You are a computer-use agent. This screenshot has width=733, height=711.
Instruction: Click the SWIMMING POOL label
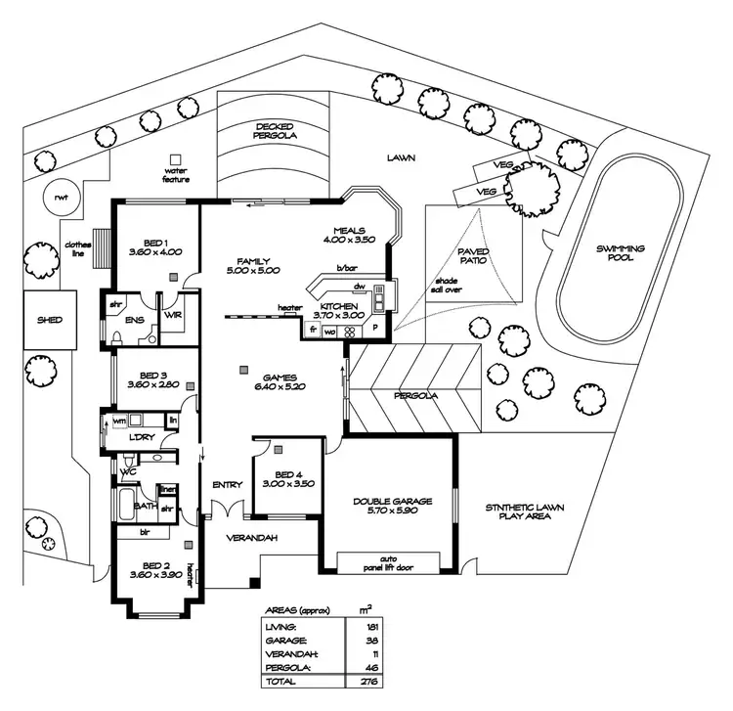[621, 253]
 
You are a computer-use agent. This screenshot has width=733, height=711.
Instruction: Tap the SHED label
[50, 320]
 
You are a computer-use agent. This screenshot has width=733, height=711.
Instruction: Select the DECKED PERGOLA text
[276, 132]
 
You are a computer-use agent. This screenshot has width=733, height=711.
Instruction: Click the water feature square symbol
[176, 159]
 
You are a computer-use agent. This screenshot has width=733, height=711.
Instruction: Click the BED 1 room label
[156, 243]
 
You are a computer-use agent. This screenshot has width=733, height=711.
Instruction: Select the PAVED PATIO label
[474, 257]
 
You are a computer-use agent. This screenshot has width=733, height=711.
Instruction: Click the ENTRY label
[227, 484]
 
